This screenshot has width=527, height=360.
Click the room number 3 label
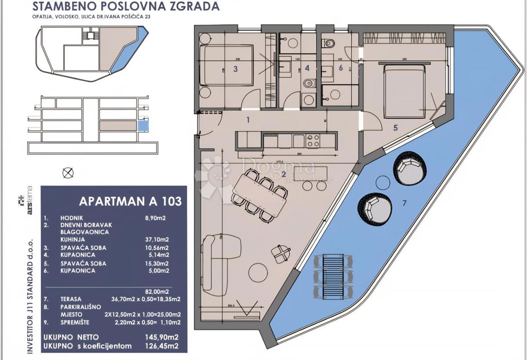coord(235,68)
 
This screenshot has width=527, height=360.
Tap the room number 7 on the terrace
coord(405,203)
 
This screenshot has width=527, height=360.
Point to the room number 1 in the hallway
coord(248,119)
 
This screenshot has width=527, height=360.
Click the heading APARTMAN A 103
coord(130,202)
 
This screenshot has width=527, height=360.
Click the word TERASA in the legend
coord(61,299)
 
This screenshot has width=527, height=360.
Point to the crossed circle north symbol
coord(68,173)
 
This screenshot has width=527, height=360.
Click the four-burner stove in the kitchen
coord(313,140)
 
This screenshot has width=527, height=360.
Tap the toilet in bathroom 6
coord(328,43)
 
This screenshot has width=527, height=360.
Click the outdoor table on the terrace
coord(333,275)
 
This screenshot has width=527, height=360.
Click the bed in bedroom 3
coord(227,66)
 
